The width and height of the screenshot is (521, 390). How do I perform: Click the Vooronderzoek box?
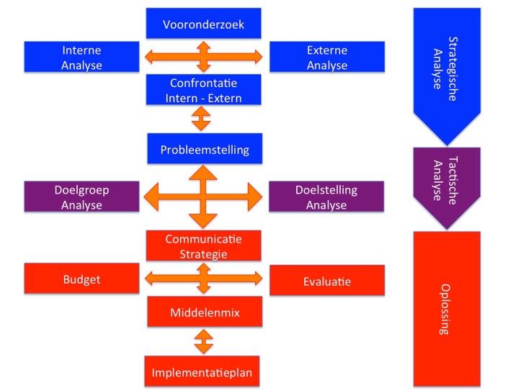coord(202,24)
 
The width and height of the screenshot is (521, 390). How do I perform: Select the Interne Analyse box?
coord(81,58)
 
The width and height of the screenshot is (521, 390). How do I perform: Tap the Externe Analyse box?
coord(326,58)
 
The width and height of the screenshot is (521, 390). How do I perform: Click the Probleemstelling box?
coord(204,149)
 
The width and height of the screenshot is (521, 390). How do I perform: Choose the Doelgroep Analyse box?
coord(81,197)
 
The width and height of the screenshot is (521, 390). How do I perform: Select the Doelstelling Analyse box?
coord(326,197)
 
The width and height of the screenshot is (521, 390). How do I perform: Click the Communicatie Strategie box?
coord(202,246)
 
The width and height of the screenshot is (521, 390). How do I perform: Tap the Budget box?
coord(81,280)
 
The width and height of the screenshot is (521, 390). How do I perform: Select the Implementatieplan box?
coord(202,372)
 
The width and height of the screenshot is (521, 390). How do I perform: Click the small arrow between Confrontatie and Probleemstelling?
coord(202,118)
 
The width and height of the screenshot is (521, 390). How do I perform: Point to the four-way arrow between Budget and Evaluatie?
coord(203,278)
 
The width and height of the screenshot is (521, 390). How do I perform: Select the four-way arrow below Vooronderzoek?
coord(203,56)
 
